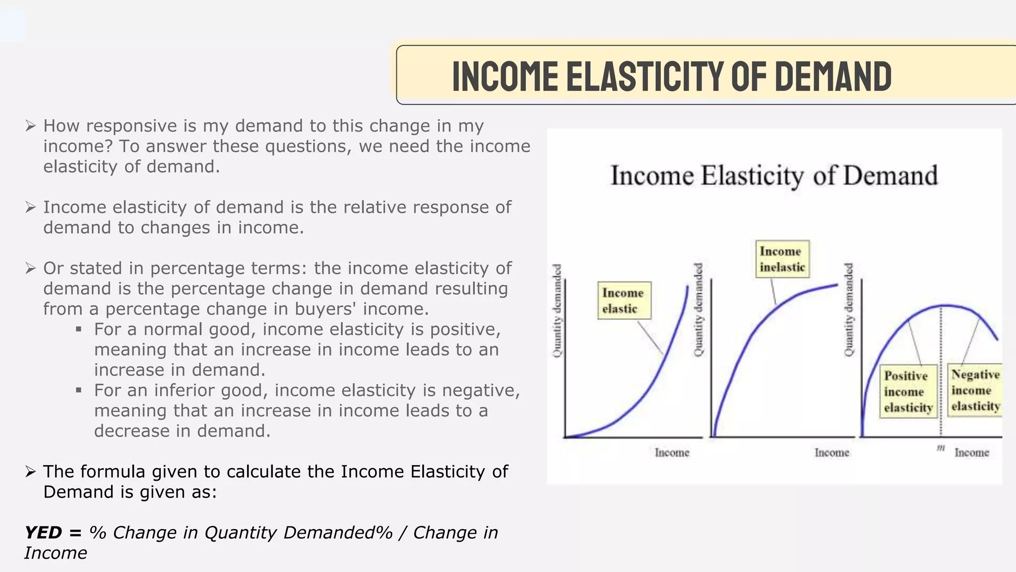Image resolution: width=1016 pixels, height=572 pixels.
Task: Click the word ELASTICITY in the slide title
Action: pos(645,76)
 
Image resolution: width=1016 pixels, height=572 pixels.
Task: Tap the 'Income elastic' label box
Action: pos(624,300)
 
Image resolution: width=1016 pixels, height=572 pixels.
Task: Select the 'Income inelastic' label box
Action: pos(782,259)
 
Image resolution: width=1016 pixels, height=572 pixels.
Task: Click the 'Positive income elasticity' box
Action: pos(908,392)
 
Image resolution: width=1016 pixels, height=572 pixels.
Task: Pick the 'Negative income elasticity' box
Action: pos(975,390)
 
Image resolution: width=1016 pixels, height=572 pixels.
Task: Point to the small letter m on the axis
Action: pos(941,448)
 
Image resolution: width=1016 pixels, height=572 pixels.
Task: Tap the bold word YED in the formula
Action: pos(43,533)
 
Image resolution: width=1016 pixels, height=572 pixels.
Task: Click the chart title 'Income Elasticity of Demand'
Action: pos(774,176)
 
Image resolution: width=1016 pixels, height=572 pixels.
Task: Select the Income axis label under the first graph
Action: pos(672,452)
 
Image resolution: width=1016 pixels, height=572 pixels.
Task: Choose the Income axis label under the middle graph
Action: pos(831,452)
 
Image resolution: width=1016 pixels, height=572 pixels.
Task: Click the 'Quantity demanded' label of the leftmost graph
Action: pos(558,310)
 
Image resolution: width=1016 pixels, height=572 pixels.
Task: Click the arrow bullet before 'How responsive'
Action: pos(30,126)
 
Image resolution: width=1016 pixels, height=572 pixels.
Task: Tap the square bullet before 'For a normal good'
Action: pos(78,329)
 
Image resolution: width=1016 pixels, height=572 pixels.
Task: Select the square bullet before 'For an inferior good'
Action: pos(78,390)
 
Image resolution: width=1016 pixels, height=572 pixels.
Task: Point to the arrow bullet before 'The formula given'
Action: pos(30,472)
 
